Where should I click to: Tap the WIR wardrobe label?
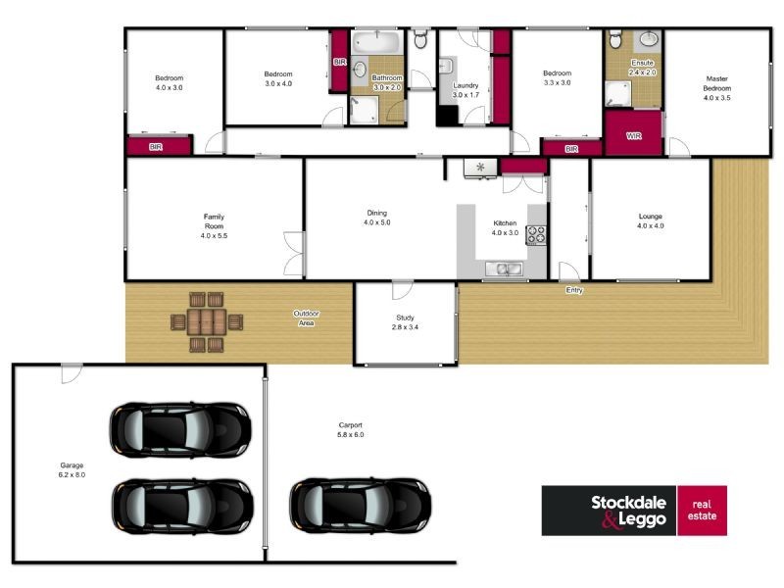coord(633,136)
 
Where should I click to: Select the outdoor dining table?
coord(207,322)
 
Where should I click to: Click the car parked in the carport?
coord(360,506)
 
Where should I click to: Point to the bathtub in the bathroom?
coord(376,42)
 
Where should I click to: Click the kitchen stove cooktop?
coord(535,235)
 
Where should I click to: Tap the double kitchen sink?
coord(504,269)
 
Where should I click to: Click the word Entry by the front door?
coord(574,290)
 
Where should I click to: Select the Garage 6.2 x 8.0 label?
coord(72,470)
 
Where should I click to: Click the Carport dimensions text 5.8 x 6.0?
coord(351,435)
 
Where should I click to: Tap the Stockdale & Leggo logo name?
coord(628,511)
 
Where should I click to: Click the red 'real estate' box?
coord(702,511)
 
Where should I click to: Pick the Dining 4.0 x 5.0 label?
coord(377,218)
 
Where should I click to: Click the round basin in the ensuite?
coord(649,38)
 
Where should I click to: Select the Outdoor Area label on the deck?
coord(306,318)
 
